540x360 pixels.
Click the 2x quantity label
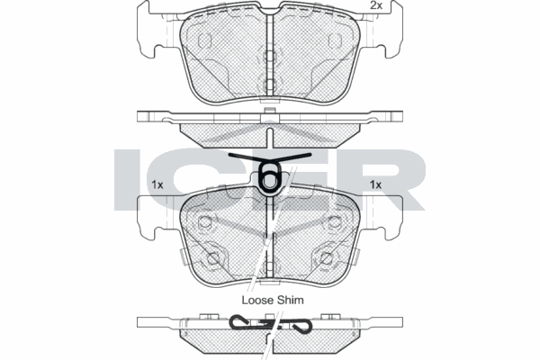click(x=376, y=6)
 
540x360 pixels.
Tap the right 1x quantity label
click(x=376, y=184)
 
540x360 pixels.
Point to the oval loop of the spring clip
click(x=269, y=178)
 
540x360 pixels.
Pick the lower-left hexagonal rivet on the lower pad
click(x=213, y=258)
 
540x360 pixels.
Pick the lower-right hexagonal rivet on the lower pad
click(x=325, y=258)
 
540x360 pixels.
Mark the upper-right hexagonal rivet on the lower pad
click(x=335, y=221)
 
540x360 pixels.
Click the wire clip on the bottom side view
click(x=270, y=323)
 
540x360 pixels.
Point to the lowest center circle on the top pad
click(x=269, y=85)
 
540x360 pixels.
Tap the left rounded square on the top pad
click(x=203, y=40)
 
